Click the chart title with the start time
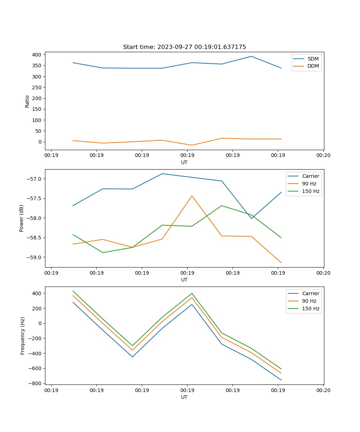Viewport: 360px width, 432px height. click(184, 47)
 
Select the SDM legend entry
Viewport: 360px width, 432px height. click(313, 59)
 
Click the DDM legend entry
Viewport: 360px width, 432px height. click(313, 66)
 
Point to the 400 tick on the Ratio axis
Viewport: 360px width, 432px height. click(36, 55)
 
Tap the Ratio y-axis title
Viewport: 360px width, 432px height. click(27, 101)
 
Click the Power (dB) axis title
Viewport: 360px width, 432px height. click(22, 218)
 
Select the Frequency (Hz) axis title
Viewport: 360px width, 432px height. click(23, 336)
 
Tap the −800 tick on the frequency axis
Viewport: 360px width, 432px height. click(35, 383)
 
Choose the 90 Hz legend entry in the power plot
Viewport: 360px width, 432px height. click(309, 184)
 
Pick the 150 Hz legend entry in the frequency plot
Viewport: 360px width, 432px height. click(311, 309)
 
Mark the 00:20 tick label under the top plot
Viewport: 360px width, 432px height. click(323, 156)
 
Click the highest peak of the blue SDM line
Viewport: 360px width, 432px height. click(251, 56)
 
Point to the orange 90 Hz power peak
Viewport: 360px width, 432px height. click(192, 196)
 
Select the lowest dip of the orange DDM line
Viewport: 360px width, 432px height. click(192, 145)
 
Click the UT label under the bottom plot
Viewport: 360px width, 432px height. click(184, 397)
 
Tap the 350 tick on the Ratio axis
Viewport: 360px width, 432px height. click(36, 66)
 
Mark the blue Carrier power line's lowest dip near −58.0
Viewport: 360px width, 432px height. click(251, 219)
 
